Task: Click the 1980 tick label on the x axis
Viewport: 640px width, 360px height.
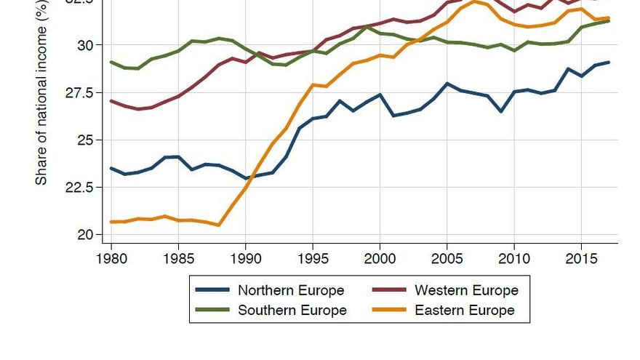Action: click(111, 258)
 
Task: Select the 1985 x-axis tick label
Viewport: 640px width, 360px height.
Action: click(178, 258)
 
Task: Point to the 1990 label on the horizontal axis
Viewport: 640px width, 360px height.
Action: click(245, 258)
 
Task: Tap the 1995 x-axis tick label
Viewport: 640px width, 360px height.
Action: click(313, 258)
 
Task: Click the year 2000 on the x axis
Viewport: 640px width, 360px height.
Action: click(380, 258)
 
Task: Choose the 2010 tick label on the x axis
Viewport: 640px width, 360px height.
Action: click(514, 258)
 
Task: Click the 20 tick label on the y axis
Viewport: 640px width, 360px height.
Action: click(85, 235)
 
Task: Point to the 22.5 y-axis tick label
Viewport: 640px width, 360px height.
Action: click(78, 187)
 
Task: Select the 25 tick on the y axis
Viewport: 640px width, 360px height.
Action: click(85, 140)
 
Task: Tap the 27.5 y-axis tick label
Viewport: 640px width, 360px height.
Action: click(78, 92)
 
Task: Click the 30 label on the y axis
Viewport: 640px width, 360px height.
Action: click(85, 45)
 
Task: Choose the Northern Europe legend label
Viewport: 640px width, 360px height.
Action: click(291, 290)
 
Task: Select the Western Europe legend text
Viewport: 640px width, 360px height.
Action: click(466, 290)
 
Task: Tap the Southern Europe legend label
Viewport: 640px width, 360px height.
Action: click(292, 310)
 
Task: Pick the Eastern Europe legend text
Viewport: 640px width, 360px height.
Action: click(465, 310)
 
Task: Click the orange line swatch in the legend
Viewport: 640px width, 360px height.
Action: click(390, 311)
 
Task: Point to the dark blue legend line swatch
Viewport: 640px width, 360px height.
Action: click(213, 291)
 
